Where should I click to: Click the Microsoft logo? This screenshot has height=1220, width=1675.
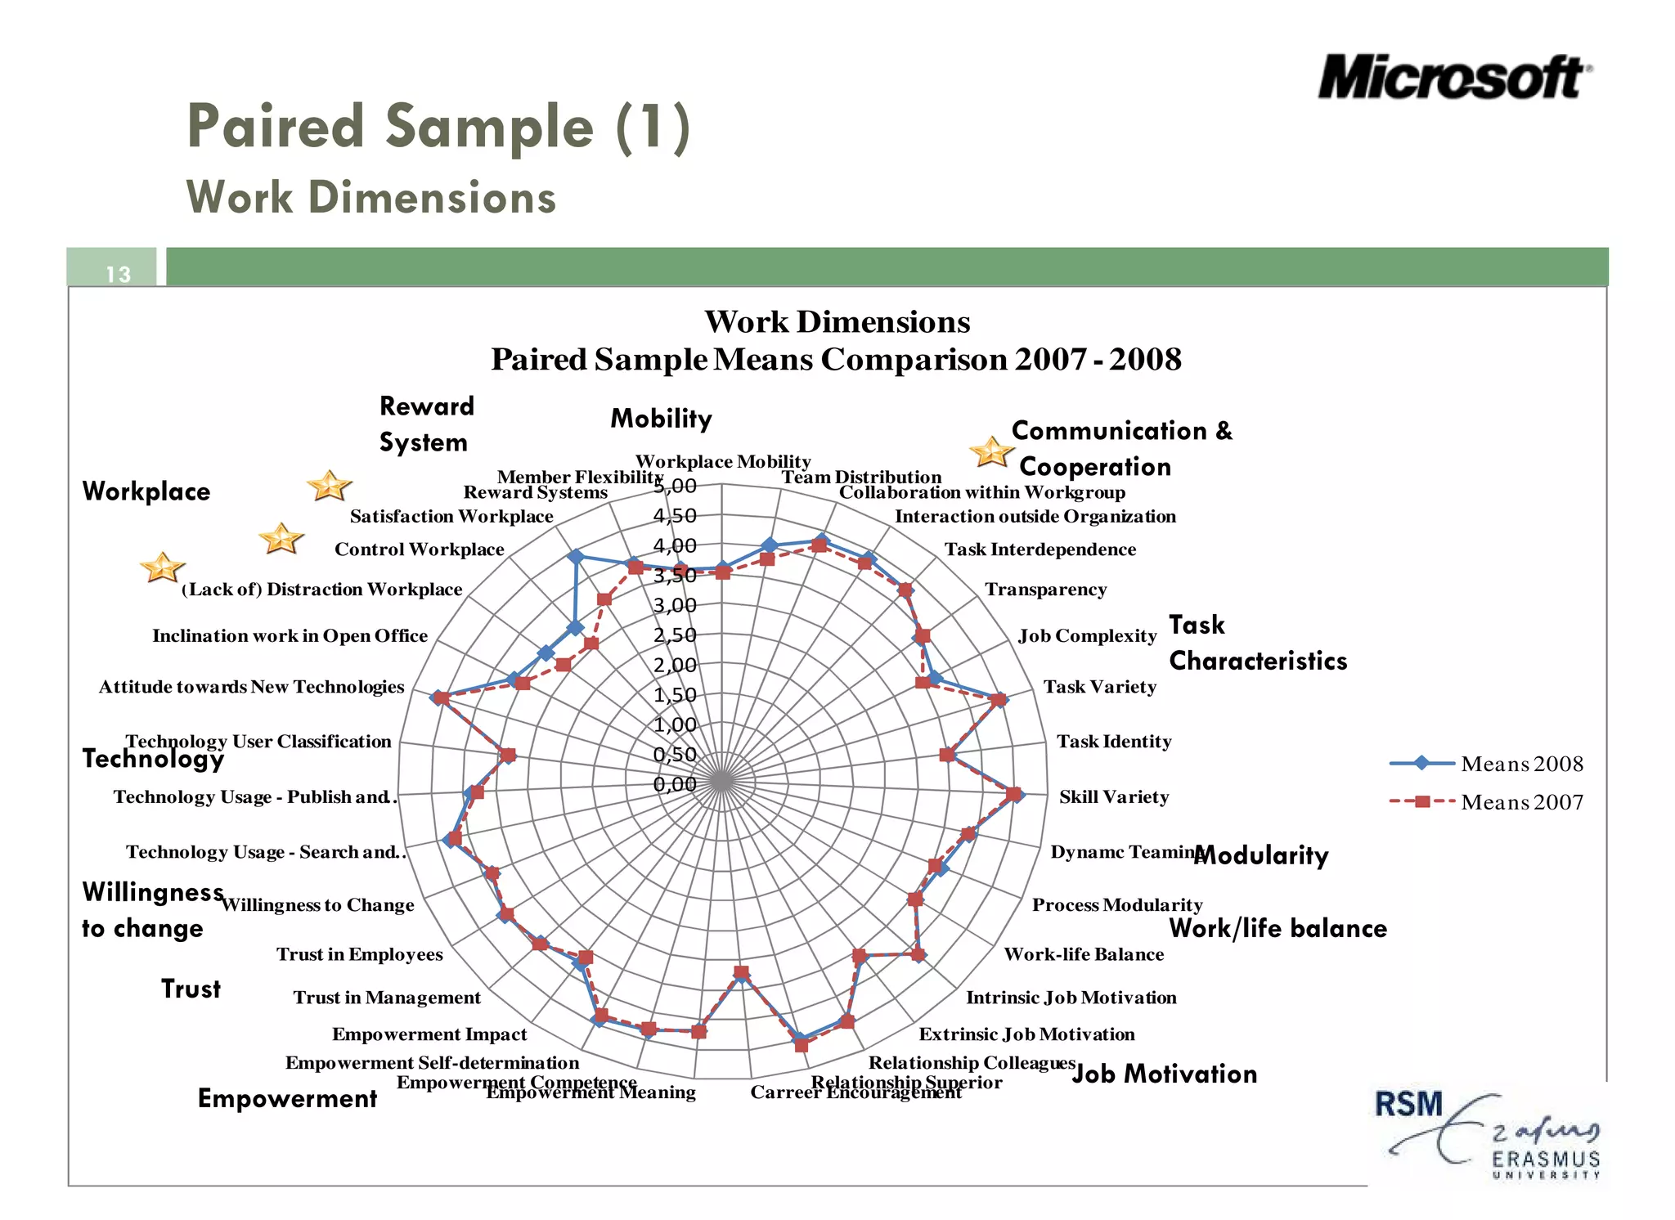coord(1454,78)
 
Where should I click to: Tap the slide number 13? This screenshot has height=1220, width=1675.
coord(119,274)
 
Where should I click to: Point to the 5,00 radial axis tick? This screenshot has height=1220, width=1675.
coord(675,487)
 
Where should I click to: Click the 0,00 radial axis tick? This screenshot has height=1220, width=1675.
coord(675,784)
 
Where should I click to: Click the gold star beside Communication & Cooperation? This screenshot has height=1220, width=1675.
coord(991,451)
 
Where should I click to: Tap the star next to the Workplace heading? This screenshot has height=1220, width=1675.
coord(329,486)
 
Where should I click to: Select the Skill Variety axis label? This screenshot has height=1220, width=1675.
coord(1113,797)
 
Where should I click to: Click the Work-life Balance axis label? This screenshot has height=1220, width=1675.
coord(1084,954)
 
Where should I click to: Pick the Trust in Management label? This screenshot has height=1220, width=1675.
coord(387,998)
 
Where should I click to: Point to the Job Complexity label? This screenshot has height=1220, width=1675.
coord(1087,636)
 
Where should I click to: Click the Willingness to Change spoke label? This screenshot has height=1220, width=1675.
coord(317,905)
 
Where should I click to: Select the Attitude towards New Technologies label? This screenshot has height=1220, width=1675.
coord(251,687)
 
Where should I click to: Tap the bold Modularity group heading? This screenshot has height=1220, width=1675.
coord(1262,855)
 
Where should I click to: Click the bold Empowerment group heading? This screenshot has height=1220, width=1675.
coord(287,1098)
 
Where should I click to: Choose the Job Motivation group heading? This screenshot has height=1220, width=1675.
coord(1164,1074)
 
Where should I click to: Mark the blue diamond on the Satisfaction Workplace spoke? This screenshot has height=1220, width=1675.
coord(576,557)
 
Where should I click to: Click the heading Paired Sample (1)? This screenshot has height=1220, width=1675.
coord(438,127)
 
